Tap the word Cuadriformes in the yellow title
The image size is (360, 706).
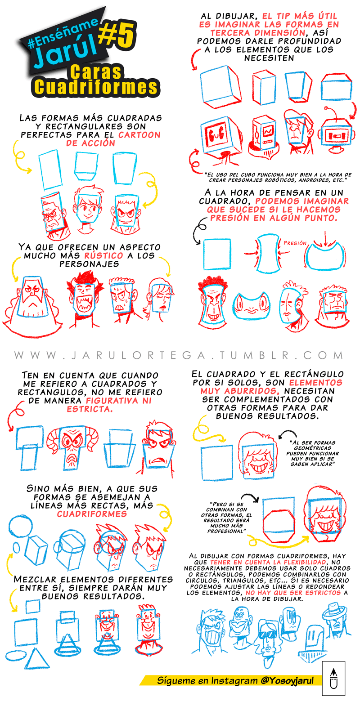95,87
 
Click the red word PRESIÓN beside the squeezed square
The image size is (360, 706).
295,243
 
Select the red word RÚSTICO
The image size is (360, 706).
103,255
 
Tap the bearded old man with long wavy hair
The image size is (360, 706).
32,304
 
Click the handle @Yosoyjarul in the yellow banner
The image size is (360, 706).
287,680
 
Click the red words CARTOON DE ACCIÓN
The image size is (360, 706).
113,139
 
